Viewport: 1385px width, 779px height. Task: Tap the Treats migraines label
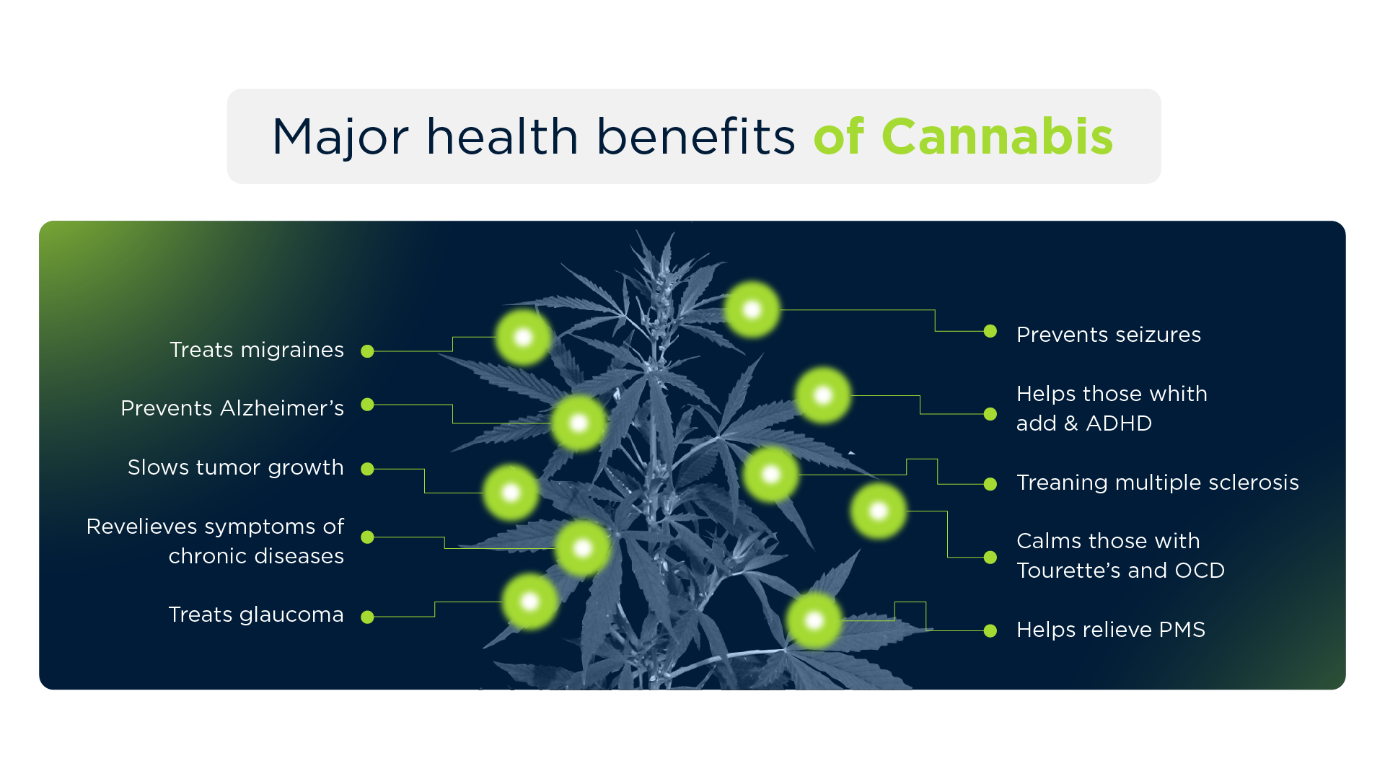(257, 350)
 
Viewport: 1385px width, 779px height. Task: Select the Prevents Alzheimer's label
(232, 408)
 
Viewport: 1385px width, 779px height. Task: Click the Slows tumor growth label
(235, 467)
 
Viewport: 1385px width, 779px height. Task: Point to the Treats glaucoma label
(256, 615)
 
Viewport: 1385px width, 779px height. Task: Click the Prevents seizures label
(1109, 335)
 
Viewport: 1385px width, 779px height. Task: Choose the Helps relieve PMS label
(1111, 630)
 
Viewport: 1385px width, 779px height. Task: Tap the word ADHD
(1119, 423)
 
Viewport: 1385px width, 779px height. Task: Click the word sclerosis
(1253, 483)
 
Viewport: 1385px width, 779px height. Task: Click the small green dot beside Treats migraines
(367, 351)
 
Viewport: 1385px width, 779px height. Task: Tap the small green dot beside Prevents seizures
(990, 331)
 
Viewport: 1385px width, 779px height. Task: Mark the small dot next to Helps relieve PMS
(990, 631)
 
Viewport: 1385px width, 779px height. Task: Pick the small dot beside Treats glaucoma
(367, 617)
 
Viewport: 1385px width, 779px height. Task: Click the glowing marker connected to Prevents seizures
(752, 310)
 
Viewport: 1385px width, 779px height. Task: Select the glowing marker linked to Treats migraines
(524, 338)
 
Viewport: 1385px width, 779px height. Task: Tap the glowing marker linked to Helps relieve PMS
(814, 620)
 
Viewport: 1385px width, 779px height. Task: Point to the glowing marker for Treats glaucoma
(530, 602)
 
